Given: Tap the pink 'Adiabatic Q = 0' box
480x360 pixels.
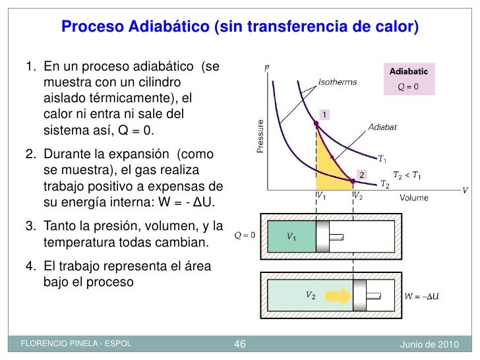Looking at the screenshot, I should (x=409, y=80).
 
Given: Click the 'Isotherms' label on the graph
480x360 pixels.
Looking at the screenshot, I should (x=338, y=83).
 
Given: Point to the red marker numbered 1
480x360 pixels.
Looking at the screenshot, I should (x=325, y=115).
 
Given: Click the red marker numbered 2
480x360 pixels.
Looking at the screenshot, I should (x=361, y=175).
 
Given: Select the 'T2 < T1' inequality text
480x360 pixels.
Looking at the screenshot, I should (x=407, y=175).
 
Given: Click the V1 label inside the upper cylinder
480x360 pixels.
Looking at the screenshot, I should (x=291, y=235).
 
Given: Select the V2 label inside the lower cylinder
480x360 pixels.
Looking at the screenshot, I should (x=309, y=295).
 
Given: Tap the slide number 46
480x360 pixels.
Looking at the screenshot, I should (x=240, y=344).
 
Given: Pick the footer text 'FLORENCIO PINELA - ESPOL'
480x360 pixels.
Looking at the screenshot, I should (x=76, y=344).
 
